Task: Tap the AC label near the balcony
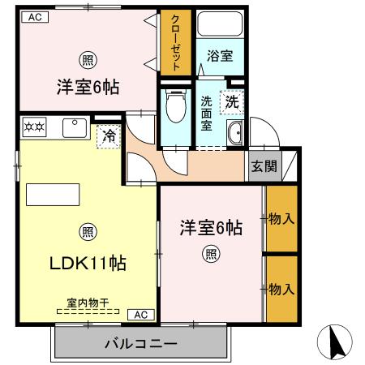140,314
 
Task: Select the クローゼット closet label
174,43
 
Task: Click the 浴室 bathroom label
220,56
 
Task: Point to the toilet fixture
174,105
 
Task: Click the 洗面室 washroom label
207,114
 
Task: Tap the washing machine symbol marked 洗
232,103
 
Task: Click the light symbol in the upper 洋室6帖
86,59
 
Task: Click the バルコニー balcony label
140,344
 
